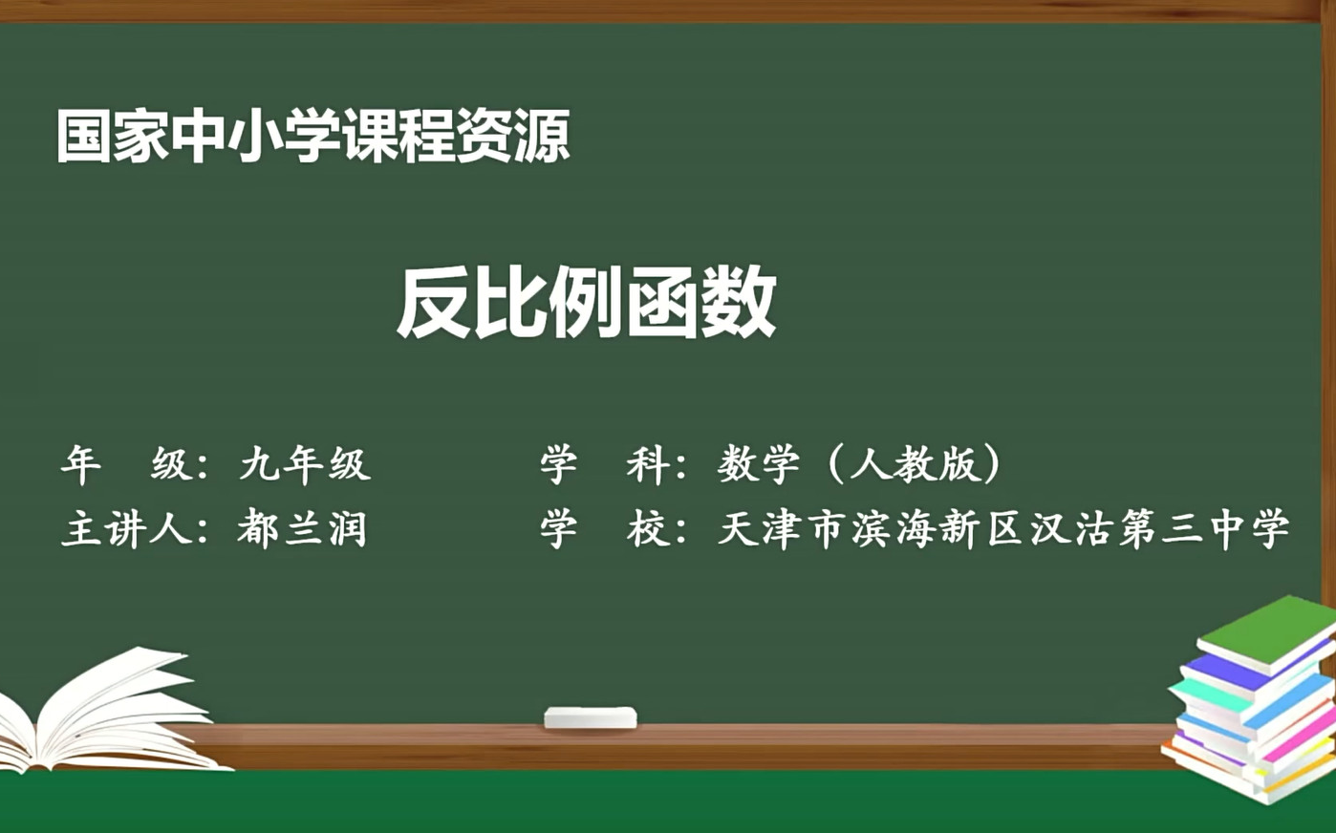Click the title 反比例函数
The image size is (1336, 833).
tap(586, 303)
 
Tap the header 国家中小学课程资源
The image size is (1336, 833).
tap(312, 136)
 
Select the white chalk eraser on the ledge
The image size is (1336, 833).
tap(590, 717)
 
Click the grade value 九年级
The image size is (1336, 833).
tap(304, 464)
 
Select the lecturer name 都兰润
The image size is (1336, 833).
tap(302, 529)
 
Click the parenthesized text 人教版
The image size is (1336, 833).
tap(914, 464)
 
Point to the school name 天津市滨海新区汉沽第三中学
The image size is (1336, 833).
tap(1002, 529)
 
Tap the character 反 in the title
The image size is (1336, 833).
tap(434, 303)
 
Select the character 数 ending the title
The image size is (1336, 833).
tap(738, 303)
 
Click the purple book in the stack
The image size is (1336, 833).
tap(1233, 673)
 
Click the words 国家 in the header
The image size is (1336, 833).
tap(113, 136)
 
